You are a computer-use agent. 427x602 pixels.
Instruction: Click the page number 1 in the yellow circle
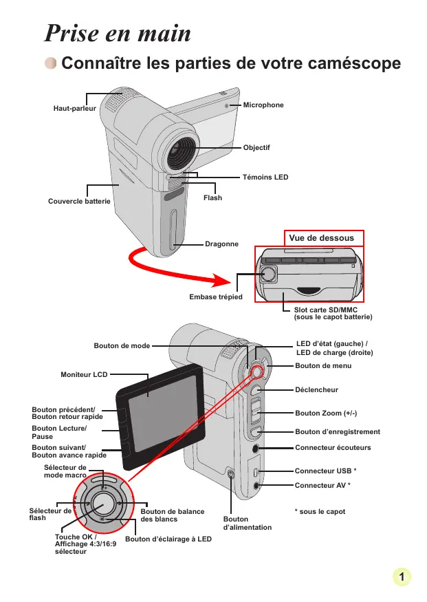coord(402,577)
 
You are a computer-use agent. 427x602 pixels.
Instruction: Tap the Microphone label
coord(263,105)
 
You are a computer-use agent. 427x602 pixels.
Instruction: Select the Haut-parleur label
coord(75,108)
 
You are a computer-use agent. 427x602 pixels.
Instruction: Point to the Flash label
coord(212,197)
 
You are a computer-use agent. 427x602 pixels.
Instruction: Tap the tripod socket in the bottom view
coord(269,274)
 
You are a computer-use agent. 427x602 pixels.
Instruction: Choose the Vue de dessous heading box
coord(324,238)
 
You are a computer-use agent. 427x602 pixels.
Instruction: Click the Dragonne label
coord(221,244)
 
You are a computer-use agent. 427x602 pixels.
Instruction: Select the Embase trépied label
coord(216,297)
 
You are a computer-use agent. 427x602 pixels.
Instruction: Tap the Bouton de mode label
coord(122,345)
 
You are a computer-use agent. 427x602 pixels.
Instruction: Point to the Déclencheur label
coord(316,389)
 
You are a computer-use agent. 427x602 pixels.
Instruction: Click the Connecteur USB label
coord(325,471)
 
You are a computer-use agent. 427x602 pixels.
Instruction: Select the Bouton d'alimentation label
coord(248,524)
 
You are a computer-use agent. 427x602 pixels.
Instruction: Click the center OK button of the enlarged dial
coord(103,504)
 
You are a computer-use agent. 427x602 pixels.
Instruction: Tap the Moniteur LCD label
coord(84,374)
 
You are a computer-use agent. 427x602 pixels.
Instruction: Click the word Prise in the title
coord(72,33)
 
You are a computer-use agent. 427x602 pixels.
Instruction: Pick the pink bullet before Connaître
coord(51,63)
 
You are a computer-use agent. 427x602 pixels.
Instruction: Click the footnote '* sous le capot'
coord(320,511)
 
